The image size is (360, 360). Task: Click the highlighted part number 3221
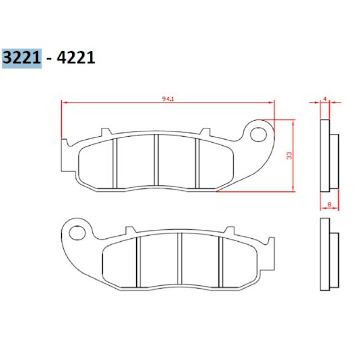[22, 58]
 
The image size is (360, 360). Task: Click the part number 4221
[76, 58]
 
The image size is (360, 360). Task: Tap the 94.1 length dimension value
[168, 99]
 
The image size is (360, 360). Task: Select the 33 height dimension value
[290, 155]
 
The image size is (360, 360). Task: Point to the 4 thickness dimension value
[325, 99]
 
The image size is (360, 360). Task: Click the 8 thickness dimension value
[329, 204]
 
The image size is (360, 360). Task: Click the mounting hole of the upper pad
[259, 134]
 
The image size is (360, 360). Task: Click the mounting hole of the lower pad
[77, 233]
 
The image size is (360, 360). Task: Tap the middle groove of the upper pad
[156, 160]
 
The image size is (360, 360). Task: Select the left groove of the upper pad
[115, 163]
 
